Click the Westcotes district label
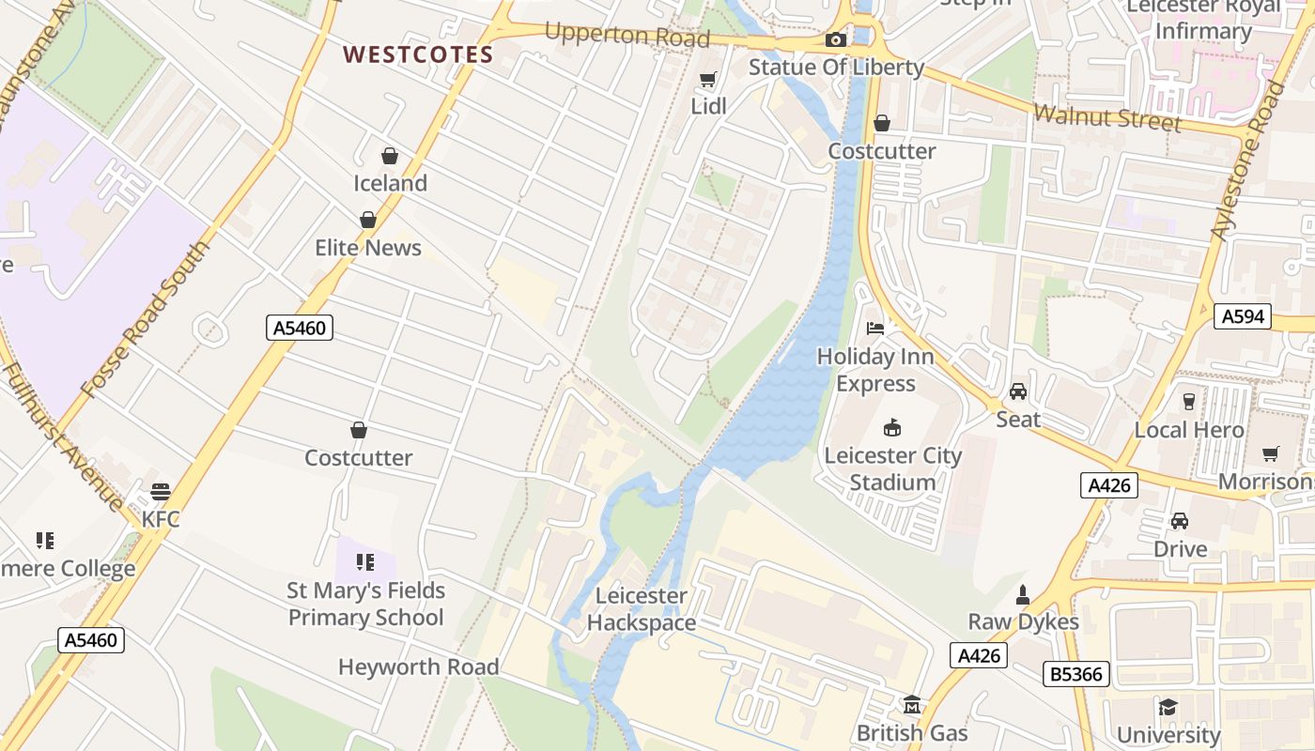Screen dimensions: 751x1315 (x=418, y=54)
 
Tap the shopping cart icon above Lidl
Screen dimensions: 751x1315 (x=708, y=81)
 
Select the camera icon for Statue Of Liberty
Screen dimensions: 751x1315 (x=835, y=39)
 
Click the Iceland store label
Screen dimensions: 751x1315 (x=390, y=183)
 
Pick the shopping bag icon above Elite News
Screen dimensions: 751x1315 (x=368, y=220)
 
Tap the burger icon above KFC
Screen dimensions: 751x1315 (x=161, y=492)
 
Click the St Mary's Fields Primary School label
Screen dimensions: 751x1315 (x=365, y=605)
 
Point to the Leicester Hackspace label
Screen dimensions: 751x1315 (x=642, y=609)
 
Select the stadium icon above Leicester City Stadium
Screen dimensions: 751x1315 (x=892, y=428)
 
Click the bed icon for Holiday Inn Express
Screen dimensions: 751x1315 (x=875, y=329)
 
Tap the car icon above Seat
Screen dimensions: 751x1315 (x=1018, y=391)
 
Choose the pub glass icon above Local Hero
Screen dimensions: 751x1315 (x=1189, y=402)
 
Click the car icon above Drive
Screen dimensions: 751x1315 (x=1180, y=521)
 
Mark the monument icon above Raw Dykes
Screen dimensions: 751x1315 (x=1023, y=595)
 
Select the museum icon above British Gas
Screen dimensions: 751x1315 (x=911, y=704)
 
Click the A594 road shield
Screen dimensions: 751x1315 (x=1242, y=316)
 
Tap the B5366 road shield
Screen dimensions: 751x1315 (x=1076, y=673)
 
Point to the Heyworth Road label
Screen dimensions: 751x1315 (x=418, y=667)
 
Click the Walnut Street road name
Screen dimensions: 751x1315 (x=1106, y=118)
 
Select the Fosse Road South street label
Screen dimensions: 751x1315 (x=147, y=319)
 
